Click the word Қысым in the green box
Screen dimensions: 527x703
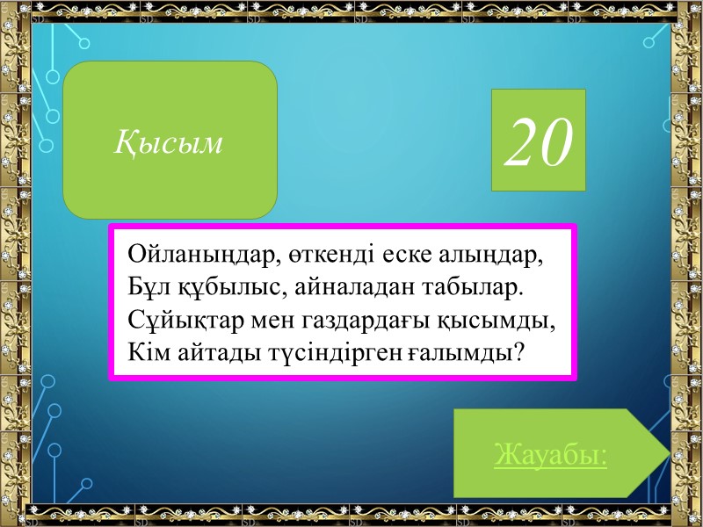(x=169, y=141)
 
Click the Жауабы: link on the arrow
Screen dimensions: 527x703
(x=550, y=456)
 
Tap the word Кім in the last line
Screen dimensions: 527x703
(x=148, y=350)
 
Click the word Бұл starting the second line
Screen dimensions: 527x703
(x=146, y=287)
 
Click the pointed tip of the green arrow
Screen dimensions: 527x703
(x=668, y=453)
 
